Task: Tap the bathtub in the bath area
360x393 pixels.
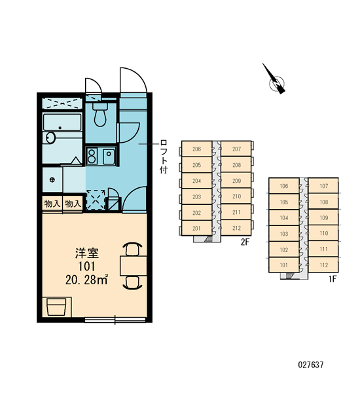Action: [x=62, y=122]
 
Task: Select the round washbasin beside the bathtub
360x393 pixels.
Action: [x=50, y=138]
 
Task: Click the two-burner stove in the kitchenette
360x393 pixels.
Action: [x=92, y=156]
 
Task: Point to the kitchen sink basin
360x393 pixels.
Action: [x=109, y=156]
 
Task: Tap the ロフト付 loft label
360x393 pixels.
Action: [x=164, y=157]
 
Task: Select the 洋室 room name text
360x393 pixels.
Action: [x=87, y=253]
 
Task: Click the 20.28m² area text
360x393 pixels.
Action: [x=86, y=280]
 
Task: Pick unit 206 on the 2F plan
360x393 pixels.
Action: [x=196, y=149]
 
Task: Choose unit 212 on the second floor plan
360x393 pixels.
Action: [x=236, y=228]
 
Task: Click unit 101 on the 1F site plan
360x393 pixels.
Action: [x=284, y=265]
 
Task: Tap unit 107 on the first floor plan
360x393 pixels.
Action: [x=324, y=186]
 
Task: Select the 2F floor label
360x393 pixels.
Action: [x=245, y=242]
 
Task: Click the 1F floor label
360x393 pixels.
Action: [x=333, y=279]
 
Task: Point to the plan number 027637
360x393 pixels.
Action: [x=311, y=365]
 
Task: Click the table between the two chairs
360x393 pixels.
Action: [x=134, y=266]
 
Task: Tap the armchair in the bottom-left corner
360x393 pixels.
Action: [x=57, y=307]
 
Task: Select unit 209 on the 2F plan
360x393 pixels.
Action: [x=236, y=181]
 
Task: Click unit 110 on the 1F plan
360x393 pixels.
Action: [x=324, y=233]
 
